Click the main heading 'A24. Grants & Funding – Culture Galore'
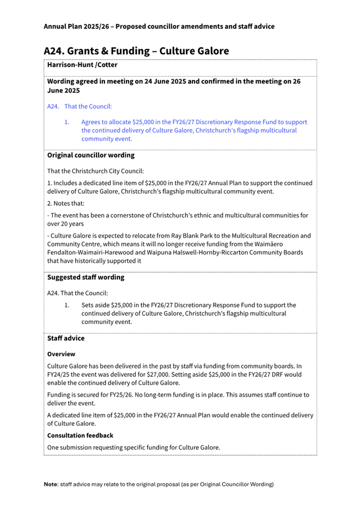pos(136,51)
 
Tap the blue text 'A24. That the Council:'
pos(79,107)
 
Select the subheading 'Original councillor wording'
pos(91,156)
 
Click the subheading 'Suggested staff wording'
pos(86,277)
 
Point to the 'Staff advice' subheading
pos(66,338)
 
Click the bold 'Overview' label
pos(61,354)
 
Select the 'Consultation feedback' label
pos(80,435)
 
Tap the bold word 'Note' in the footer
pos(51,484)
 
